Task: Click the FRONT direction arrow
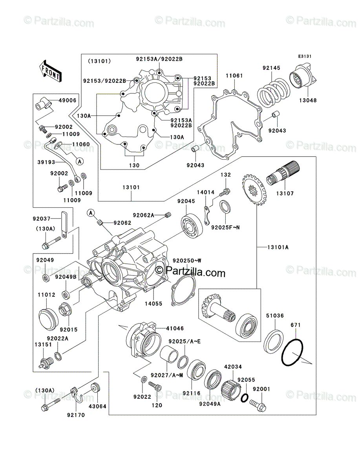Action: (51, 71)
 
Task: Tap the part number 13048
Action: (308, 100)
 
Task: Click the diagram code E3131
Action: (305, 57)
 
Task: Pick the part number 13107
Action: (285, 194)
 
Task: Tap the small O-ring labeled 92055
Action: (245, 398)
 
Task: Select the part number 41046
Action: (175, 328)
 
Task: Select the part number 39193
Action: (46, 162)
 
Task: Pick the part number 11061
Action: (234, 76)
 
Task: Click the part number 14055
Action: (154, 304)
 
